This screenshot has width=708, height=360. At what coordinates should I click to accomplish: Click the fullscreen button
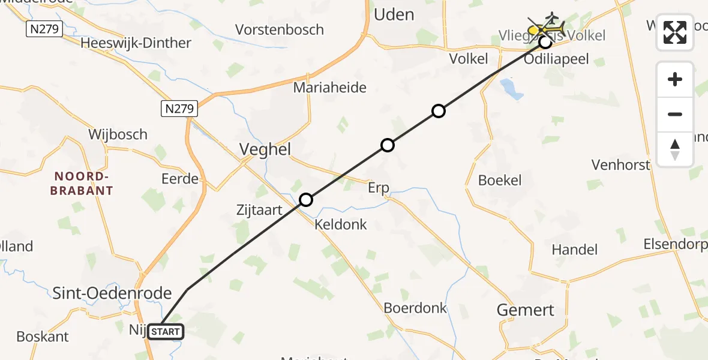pos(675,32)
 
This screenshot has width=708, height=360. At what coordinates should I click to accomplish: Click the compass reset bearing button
pos(675,149)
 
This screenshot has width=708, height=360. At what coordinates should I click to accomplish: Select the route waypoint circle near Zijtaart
pos(306,200)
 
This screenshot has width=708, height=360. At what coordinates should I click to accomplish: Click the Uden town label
pos(394,14)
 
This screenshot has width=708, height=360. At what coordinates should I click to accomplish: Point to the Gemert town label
pos(526,310)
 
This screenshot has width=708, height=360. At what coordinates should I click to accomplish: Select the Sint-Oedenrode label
pos(112,293)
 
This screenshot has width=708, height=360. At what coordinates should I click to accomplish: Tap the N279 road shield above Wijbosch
pos(179,109)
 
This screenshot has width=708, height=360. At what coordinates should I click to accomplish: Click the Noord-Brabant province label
pos(83,184)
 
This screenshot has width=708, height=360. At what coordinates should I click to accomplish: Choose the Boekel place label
pos(500,180)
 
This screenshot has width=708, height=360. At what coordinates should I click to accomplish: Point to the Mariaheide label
pos(329,88)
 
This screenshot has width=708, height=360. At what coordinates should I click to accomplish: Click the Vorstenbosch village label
pos(280,29)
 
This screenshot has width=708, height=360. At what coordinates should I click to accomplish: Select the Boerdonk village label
pos(415,308)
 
